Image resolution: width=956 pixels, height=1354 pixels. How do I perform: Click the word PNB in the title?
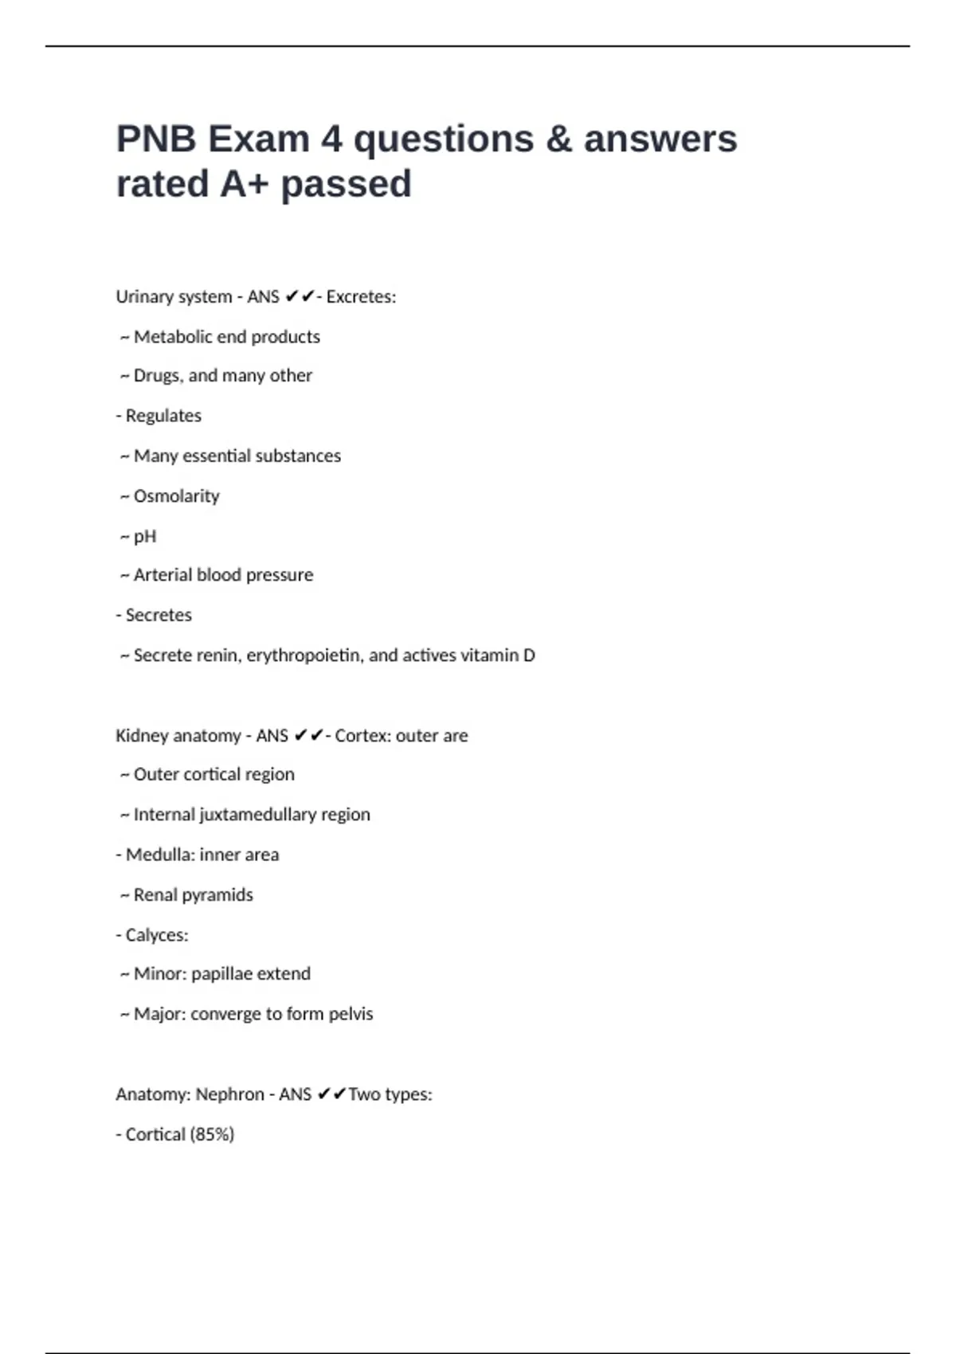pos(156,139)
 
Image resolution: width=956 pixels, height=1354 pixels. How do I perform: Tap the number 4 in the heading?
pos(331,139)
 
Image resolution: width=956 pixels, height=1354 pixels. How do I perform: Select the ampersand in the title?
pos(559,139)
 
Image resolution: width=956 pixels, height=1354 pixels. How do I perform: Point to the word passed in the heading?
pos(346,184)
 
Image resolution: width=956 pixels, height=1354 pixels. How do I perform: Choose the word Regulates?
pos(163,416)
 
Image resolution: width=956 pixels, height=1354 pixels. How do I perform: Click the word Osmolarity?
pos(176,496)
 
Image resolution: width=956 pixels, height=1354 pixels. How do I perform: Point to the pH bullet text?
pos(145,537)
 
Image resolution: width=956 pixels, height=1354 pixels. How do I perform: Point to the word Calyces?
pos(157,935)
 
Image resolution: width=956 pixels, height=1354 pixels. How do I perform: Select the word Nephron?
pos(229,1094)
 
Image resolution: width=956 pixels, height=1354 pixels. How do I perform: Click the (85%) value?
pos(212,1134)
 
